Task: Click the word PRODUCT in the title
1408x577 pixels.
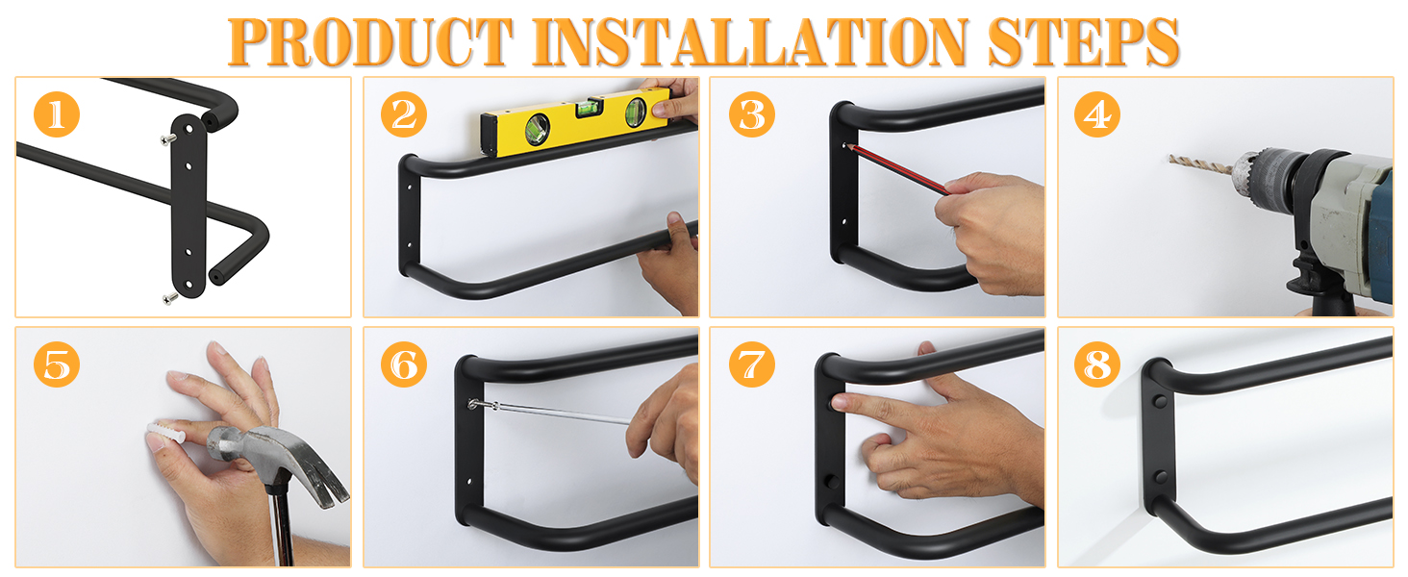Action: click(369, 41)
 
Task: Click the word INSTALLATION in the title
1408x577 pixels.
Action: click(750, 41)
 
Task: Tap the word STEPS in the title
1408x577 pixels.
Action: click(1083, 41)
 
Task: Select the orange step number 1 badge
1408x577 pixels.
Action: click(57, 114)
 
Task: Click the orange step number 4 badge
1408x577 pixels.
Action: click(1096, 114)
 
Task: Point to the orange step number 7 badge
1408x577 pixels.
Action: click(752, 364)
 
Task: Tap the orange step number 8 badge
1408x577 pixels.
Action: click(1096, 364)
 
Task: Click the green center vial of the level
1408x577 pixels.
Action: click(588, 108)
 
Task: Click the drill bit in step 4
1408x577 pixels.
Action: click(1200, 164)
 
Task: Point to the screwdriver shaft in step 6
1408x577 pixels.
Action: click(553, 412)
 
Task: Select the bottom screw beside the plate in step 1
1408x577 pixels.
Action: click(169, 298)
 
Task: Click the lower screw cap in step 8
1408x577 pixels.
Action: click(1160, 476)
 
